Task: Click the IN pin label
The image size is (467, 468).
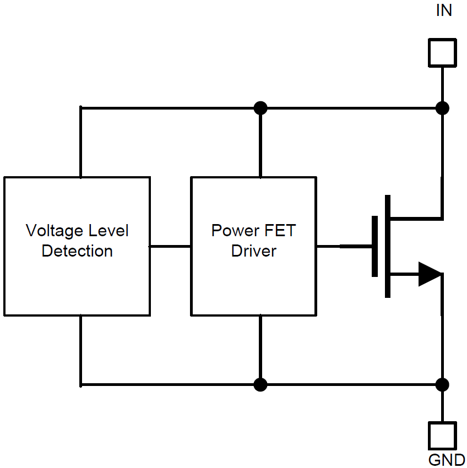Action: [444, 10]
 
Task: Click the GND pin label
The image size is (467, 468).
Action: [447, 460]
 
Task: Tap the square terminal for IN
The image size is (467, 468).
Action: [442, 52]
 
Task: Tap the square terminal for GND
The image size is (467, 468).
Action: [442, 436]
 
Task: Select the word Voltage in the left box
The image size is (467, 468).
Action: [53, 231]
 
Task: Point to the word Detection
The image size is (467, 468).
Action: [77, 251]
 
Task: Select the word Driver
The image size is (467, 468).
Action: [254, 251]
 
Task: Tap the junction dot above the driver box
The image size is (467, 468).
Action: [260, 108]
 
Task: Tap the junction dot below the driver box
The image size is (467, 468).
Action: [260, 384]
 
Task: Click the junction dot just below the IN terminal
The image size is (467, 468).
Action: [442, 108]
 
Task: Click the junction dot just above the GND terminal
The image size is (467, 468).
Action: [442, 384]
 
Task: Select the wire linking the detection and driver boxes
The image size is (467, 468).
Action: [171, 246]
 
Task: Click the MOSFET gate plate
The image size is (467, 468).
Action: [375, 246]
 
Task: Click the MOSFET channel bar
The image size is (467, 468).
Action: [388, 246]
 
